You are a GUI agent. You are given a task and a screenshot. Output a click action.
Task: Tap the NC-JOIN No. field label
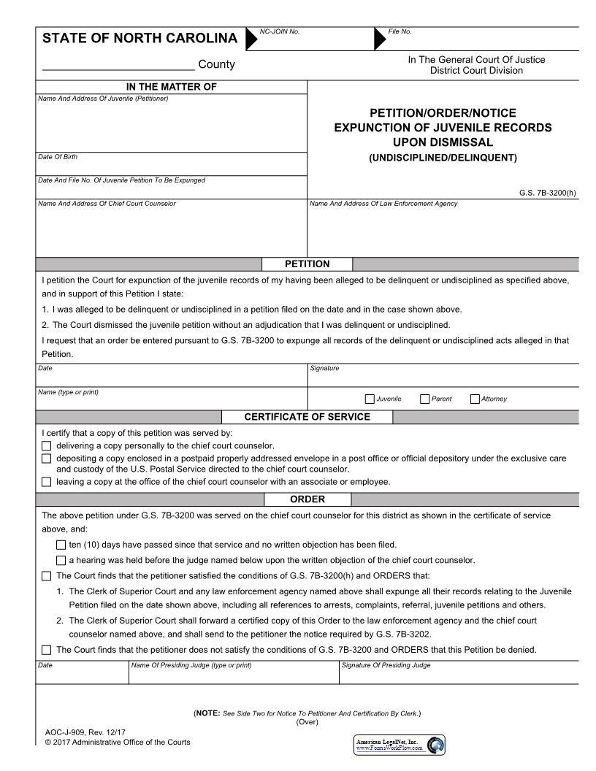tap(280, 31)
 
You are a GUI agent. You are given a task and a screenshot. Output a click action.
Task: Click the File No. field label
tap(400, 31)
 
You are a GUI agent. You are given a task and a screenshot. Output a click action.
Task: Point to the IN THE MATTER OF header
tap(171, 87)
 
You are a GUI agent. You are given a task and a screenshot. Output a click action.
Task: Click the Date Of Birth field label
tap(58, 157)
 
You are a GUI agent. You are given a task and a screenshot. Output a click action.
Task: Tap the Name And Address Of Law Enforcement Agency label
tap(383, 204)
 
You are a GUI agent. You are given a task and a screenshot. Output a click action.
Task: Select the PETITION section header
tap(307, 264)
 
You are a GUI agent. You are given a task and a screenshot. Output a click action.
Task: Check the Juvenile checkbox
tap(370, 399)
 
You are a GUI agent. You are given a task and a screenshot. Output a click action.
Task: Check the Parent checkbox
tap(424, 399)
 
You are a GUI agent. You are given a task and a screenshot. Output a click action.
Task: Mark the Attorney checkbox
tap(475, 399)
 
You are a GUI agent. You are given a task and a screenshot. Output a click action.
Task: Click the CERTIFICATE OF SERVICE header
tap(307, 417)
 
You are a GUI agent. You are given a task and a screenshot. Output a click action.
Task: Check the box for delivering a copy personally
tap(47, 445)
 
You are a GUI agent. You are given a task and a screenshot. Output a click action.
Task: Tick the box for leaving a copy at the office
tap(47, 482)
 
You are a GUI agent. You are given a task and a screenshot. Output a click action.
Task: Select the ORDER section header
tap(307, 499)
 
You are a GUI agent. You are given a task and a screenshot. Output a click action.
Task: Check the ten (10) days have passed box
tap(61, 545)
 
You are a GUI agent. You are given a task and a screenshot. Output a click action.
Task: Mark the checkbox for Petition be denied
tap(47, 650)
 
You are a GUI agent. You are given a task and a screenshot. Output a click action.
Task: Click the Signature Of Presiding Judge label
tap(386, 665)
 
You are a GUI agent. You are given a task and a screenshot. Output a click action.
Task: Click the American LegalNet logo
tap(399, 745)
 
